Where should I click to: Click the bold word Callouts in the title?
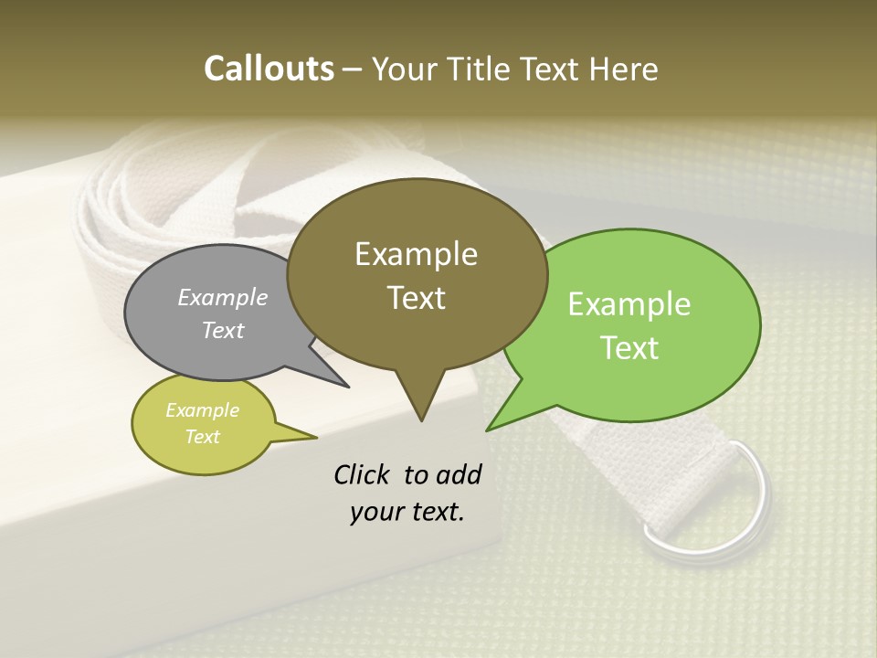269,69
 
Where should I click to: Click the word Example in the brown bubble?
416,254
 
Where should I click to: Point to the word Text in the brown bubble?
416,298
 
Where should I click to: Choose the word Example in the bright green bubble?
629,304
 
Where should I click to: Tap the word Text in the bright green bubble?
629,348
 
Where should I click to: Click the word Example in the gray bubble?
223,297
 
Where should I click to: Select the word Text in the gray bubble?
223,330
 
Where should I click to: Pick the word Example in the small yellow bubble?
202,410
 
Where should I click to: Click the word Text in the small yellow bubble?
202,437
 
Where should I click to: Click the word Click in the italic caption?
363,474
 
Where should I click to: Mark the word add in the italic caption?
459,474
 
